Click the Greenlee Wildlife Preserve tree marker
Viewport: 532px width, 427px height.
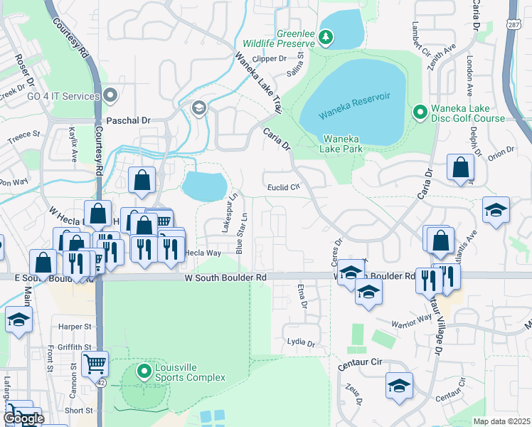[326, 36]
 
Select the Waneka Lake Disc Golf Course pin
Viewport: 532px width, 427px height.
[420, 112]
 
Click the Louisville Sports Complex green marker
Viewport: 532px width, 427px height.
[144, 371]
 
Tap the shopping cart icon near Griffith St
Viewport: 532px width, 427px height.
[94, 364]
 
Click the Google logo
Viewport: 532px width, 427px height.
[23, 418]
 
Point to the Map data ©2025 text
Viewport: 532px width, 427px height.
[501, 421]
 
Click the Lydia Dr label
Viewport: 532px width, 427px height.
[301, 342]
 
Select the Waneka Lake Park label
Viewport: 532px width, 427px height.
[343, 143]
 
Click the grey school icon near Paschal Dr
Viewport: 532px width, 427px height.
[198, 108]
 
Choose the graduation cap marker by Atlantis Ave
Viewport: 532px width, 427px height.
[496, 209]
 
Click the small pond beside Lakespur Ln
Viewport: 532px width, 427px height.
[204, 185]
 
